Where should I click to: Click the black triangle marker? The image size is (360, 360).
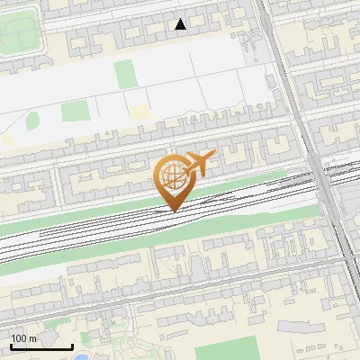point(181,24)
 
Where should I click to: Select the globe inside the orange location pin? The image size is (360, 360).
point(171,175)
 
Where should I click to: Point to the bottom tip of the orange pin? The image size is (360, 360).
point(173,211)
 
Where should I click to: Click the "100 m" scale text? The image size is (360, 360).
point(23,338)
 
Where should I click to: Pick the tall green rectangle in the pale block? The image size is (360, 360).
point(124,74)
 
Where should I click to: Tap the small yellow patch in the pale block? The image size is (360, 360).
point(139,112)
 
